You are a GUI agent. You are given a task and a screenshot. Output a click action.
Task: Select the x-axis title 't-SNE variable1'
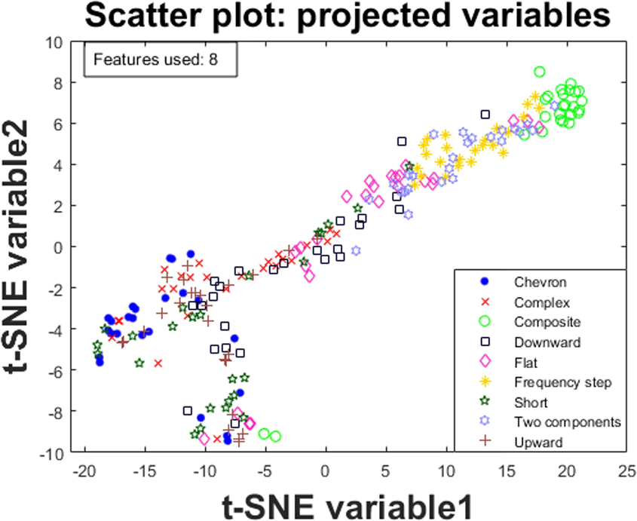355,503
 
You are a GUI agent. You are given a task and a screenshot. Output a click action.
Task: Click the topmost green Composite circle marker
540,72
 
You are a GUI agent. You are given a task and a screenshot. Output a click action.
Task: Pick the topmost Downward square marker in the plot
486,115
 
